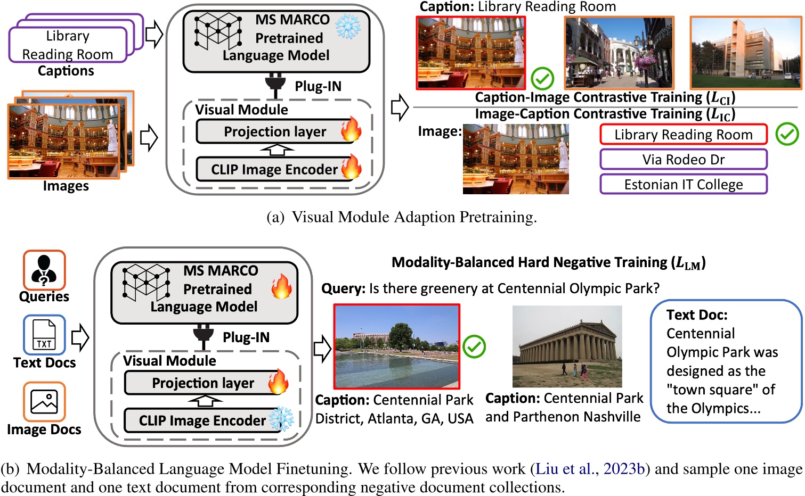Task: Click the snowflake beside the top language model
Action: (348, 27)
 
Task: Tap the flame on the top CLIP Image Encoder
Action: (351, 167)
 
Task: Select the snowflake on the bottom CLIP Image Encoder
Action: (281, 419)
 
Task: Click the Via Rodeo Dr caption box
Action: (683, 159)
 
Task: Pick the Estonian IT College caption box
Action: (683, 184)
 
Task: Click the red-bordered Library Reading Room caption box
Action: (683, 135)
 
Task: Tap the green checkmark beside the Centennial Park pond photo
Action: (474, 347)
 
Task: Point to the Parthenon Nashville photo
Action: (567, 346)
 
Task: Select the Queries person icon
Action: (44, 270)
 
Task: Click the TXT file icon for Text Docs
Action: (44, 335)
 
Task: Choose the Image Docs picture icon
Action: (44, 402)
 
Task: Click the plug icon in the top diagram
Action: (275, 87)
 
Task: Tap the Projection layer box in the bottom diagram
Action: (204, 383)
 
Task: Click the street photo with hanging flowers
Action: (619, 53)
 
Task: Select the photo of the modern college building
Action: (745, 53)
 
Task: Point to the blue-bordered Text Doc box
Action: (726, 362)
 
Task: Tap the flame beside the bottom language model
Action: (281, 287)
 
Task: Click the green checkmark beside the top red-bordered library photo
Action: (542, 79)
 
